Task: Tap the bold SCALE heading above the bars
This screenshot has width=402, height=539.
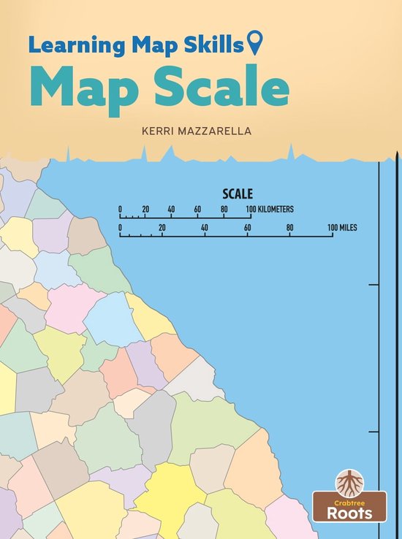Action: pyautogui.click(x=238, y=194)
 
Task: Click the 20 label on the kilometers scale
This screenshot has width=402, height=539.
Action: pyautogui.click(x=145, y=209)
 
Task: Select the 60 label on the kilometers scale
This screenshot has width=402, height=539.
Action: pyautogui.click(x=197, y=209)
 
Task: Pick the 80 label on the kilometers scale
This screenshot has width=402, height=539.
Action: pyautogui.click(x=224, y=209)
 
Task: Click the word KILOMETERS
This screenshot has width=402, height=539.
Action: pyautogui.click(x=276, y=209)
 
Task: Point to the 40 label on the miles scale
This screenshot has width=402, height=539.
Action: pyautogui.click(x=205, y=228)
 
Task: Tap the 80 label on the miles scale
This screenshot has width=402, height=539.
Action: pyautogui.click(x=290, y=228)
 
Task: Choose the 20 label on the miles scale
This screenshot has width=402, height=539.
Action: pyautogui.click(x=162, y=228)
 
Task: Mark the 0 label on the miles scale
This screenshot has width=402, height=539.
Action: pyautogui.click(x=120, y=228)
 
